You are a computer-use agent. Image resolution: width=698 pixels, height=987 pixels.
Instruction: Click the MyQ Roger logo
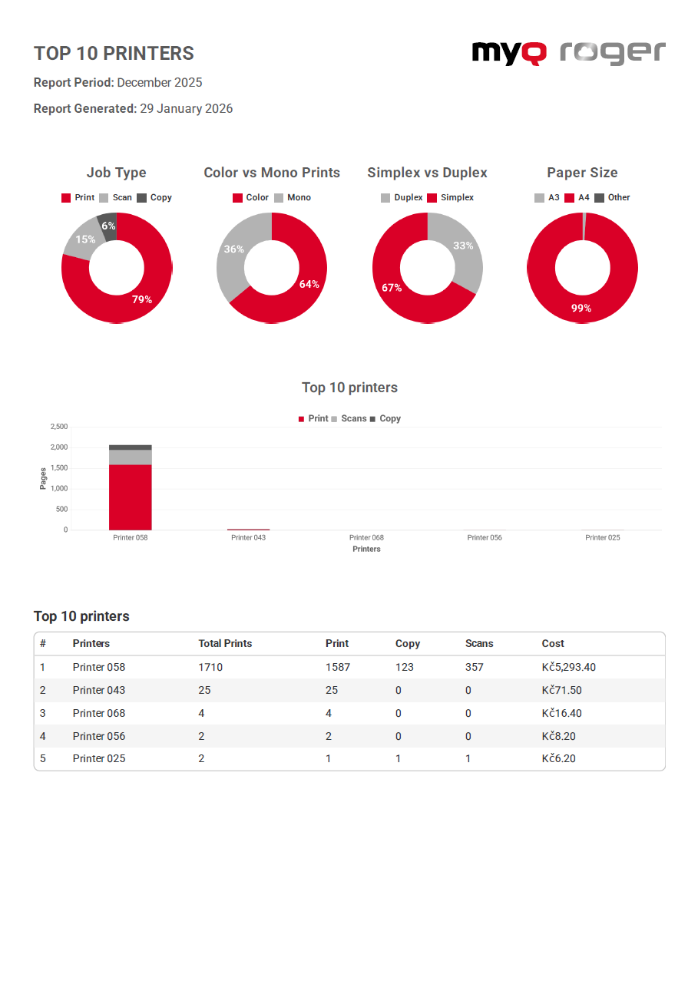(x=568, y=52)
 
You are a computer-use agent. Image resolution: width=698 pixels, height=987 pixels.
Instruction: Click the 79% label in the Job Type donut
(x=142, y=299)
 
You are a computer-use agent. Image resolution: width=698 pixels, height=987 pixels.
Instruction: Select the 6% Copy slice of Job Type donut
(x=108, y=226)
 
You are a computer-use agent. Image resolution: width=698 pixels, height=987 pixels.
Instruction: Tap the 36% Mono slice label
(x=233, y=249)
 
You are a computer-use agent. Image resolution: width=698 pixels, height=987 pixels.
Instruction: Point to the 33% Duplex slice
(x=463, y=246)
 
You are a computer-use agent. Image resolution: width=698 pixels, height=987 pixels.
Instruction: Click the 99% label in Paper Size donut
(x=581, y=308)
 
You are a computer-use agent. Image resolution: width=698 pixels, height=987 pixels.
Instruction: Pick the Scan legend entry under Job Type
(x=116, y=197)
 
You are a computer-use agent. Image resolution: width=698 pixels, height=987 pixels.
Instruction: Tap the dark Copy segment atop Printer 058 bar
(x=130, y=447)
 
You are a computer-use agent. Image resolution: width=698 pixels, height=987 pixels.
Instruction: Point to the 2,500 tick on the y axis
(x=58, y=427)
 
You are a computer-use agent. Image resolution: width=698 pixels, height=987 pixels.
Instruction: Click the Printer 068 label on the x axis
(x=366, y=537)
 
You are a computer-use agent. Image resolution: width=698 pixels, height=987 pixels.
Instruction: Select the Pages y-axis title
(x=43, y=478)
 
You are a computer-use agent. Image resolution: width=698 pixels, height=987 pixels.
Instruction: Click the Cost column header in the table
(x=553, y=643)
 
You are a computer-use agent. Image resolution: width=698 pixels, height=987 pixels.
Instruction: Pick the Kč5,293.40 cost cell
(x=568, y=667)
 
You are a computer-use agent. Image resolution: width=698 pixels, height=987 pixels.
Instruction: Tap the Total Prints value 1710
(x=210, y=667)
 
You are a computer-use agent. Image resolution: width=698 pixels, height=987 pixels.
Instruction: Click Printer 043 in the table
(x=98, y=690)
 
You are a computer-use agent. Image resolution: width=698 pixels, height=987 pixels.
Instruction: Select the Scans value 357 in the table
(x=475, y=667)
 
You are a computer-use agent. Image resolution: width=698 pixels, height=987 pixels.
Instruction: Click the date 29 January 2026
(x=186, y=109)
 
